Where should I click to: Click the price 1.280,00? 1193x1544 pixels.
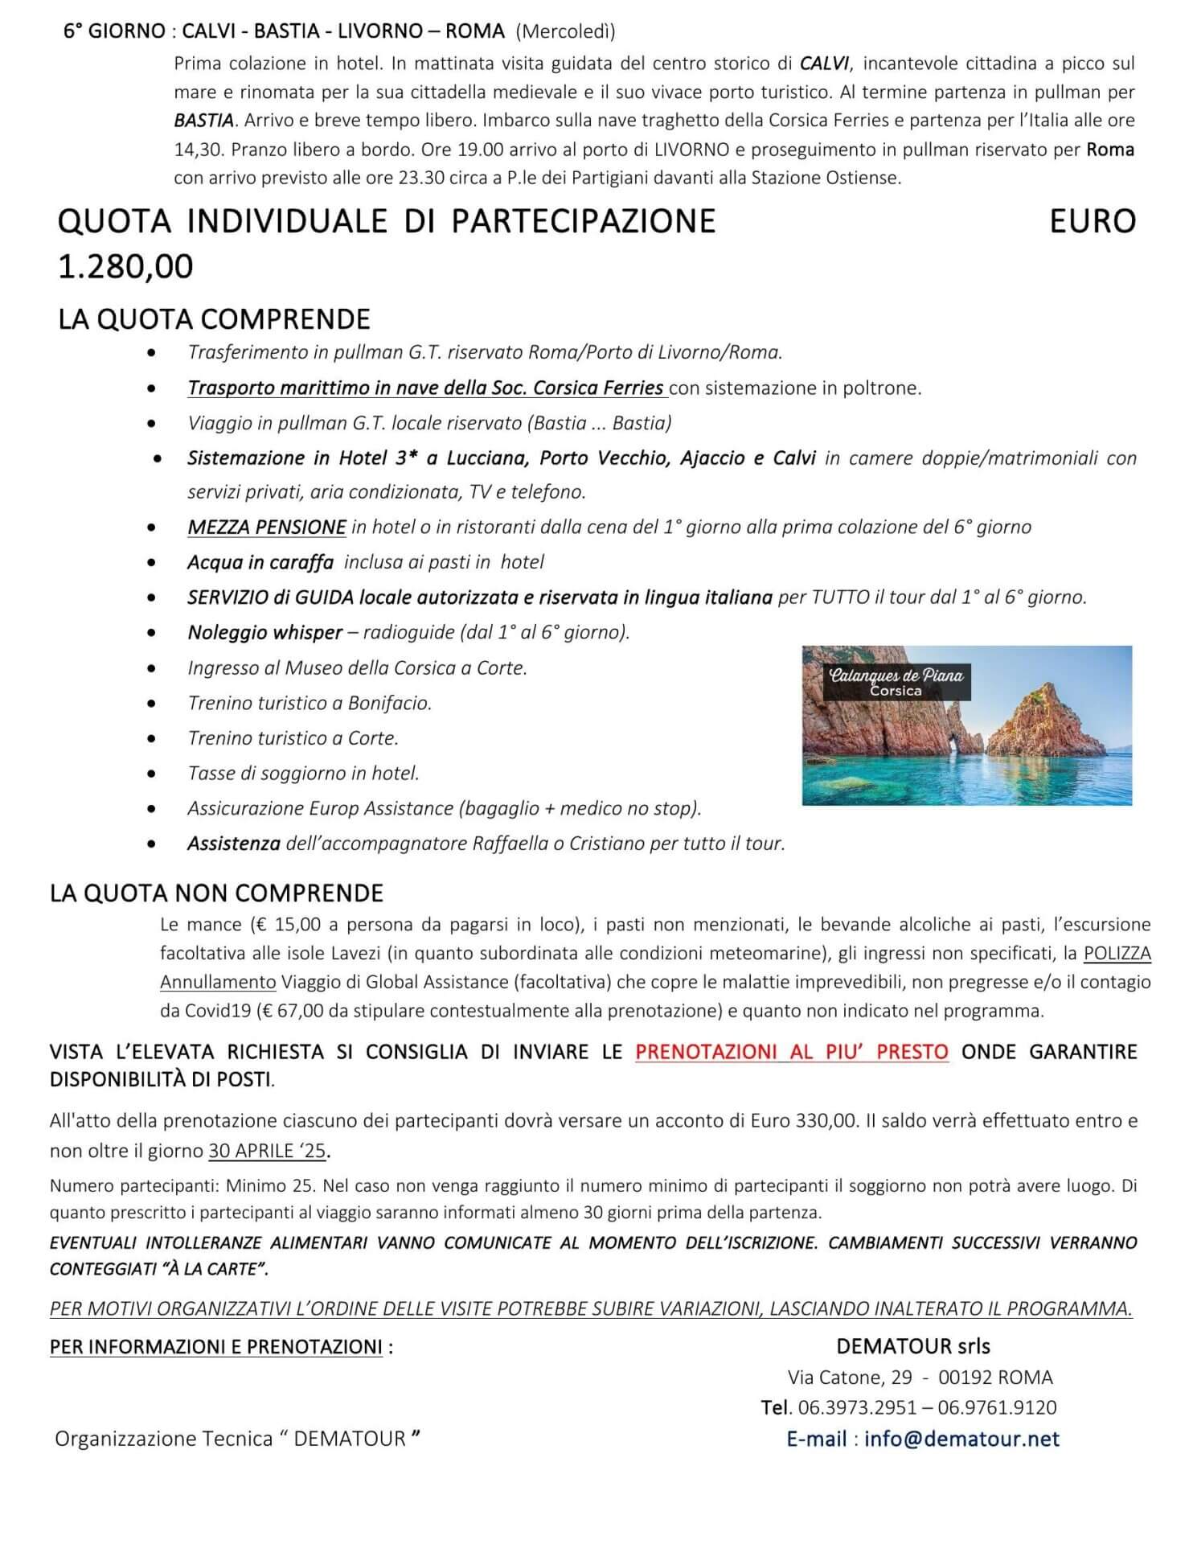pos(125,266)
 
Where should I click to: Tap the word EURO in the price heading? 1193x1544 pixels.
pos(1093,221)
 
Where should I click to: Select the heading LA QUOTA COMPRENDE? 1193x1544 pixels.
pos(214,319)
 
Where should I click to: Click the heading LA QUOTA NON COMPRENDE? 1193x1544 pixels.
pos(216,893)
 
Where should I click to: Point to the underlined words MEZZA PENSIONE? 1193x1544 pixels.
pos(267,528)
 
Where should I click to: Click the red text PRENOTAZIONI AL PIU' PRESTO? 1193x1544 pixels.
pos(791,1052)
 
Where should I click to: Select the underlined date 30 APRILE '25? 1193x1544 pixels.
pos(268,1151)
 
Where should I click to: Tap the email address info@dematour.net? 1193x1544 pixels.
pos(961,1439)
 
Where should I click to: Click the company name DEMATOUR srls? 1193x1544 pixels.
pos(912,1346)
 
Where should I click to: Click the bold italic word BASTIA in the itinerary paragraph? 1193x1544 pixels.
pos(204,121)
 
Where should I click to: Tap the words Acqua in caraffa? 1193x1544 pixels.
pos(260,563)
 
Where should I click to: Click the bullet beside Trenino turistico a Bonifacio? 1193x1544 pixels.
pos(152,704)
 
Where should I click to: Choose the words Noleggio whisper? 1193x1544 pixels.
pos(265,633)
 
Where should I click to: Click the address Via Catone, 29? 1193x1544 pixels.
pos(850,1378)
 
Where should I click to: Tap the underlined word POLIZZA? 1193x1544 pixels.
pos(1117,954)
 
